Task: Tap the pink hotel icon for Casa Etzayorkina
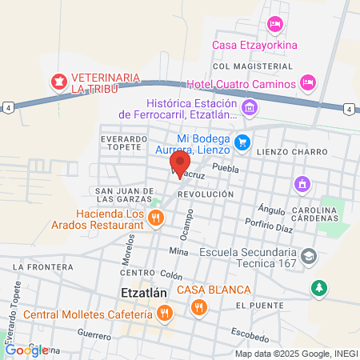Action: point(274,25)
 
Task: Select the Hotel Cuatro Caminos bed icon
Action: point(306,82)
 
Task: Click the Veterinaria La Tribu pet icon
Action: point(58,80)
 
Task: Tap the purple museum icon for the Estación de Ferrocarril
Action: point(249,106)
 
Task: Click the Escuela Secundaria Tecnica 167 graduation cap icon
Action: point(310,256)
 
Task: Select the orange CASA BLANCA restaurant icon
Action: point(197,306)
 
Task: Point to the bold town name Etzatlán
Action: point(143,293)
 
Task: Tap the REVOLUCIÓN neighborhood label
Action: point(206,194)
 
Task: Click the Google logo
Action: point(26,350)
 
